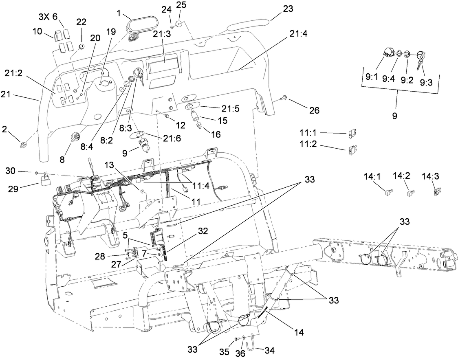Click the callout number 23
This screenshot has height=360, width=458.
(288, 8)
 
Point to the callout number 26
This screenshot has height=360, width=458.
(314, 110)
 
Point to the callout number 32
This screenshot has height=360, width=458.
(203, 231)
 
